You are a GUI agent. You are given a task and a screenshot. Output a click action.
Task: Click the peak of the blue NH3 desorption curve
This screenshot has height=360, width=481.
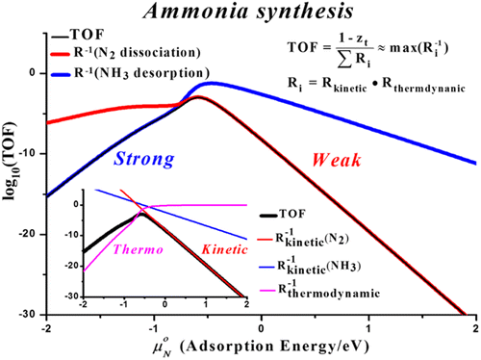pos(214,84)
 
